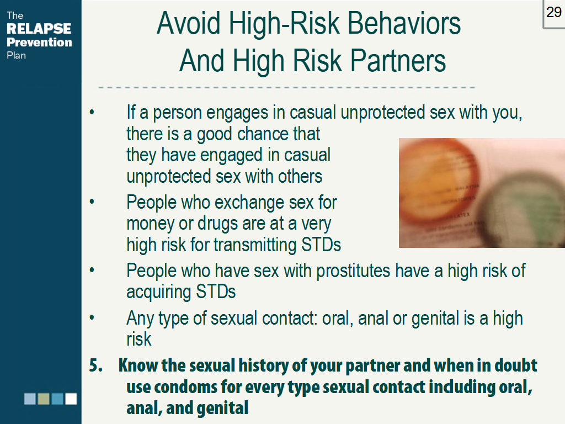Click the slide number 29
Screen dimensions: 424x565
[553, 12]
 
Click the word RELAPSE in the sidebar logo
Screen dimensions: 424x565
[39, 29]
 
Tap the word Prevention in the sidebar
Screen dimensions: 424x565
[39, 42]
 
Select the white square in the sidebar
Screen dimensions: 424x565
[71, 399]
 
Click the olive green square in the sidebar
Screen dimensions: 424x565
[44, 399]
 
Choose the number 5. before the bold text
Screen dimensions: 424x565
[96, 366]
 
